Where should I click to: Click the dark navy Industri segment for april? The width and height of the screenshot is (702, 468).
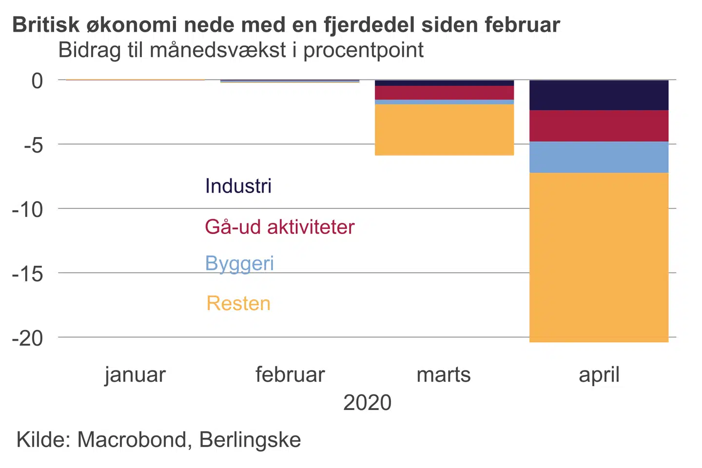pos(599,95)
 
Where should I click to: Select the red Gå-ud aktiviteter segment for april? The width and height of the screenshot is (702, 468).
pos(599,126)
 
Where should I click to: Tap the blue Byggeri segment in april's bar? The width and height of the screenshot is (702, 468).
pos(599,157)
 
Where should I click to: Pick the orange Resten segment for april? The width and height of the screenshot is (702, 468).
pos(599,257)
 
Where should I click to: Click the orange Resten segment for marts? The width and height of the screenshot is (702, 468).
pos(444,130)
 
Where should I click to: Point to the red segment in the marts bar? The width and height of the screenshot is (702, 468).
pos(444,93)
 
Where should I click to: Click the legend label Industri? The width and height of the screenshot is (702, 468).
pos(238,186)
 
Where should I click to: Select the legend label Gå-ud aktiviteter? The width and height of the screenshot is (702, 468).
pos(279,227)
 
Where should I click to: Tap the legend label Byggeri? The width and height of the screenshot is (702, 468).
pos(239,264)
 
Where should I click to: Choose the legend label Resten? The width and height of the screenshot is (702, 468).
pos(238,304)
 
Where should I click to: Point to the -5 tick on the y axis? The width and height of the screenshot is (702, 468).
pos(34,145)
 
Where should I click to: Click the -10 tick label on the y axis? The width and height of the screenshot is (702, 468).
pos(28,210)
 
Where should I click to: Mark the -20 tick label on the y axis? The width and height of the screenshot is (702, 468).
pos(28,338)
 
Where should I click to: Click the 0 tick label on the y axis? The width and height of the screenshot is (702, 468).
pos(37,81)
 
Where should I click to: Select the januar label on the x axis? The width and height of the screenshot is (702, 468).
pos(135,375)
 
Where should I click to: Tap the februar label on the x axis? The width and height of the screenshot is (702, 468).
pos(290,375)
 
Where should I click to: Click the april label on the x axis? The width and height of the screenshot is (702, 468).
pos(599,375)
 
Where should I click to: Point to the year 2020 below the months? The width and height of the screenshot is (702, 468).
pos(367,403)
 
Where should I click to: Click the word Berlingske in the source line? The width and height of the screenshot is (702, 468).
pos(250,440)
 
